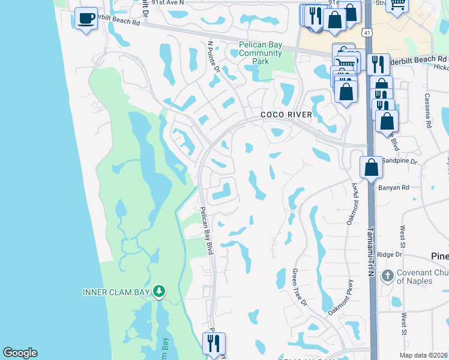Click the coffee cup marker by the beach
coord(86,19)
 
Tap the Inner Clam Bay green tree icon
coord(159,292)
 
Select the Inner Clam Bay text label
coord(116,292)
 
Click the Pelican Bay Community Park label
coord(261,53)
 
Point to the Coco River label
coord(286,115)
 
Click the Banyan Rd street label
coord(393,187)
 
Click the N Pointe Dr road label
coord(214,56)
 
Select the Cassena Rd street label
coord(428,110)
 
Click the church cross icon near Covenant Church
coord(388,277)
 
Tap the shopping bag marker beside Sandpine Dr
coord(372,166)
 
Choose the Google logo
coord(20,353)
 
